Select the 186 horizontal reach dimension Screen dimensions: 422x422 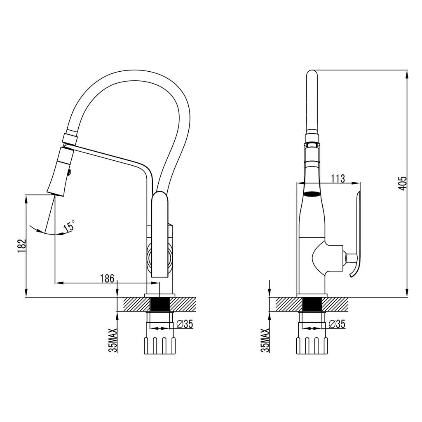107,278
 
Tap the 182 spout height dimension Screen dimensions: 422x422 22,246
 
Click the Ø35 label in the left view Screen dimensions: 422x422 185,324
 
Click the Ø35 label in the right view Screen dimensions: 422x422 337,324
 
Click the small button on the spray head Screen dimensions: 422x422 70,172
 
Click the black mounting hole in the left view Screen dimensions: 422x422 160,305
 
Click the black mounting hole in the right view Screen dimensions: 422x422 312,305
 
